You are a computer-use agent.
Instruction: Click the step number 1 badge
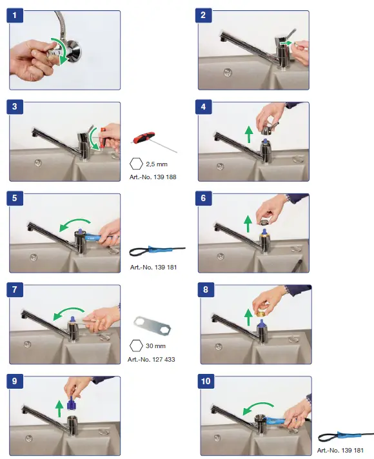(x=15, y=15)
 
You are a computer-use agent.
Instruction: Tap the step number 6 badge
(x=204, y=198)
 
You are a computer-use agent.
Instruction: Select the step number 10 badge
(x=206, y=381)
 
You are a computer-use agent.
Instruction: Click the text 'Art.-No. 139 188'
(x=153, y=177)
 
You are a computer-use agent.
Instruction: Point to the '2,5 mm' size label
(x=157, y=164)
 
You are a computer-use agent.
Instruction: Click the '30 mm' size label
(x=155, y=346)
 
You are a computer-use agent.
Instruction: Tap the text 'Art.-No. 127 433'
(x=151, y=359)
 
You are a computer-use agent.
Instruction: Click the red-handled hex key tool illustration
(x=153, y=142)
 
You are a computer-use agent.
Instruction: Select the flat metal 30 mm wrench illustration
(x=152, y=327)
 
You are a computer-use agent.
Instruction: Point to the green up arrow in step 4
(x=249, y=134)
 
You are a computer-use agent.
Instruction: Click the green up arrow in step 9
(x=59, y=409)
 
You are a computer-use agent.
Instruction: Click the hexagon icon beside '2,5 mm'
(x=136, y=164)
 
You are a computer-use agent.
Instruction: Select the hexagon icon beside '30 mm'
(x=136, y=346)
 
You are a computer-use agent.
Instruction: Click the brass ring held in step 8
(x=261, y=313)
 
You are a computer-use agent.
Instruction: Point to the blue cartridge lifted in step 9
(x=71, y=403)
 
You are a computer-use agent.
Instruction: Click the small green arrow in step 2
(x=286, y=43)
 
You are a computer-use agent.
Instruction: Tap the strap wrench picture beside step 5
(x=157, y=251)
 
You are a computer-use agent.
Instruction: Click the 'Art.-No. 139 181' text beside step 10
(x=340, y=450)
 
